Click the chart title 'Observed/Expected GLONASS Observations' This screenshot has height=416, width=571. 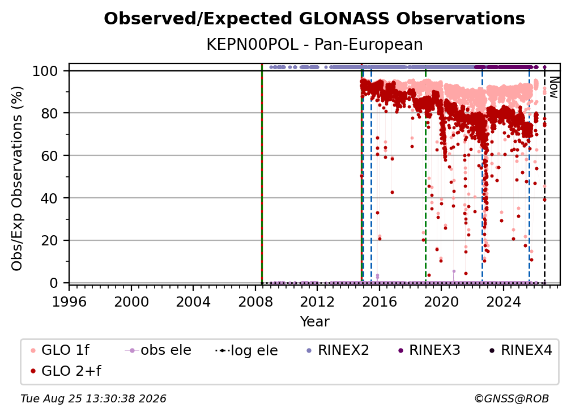point(314,19)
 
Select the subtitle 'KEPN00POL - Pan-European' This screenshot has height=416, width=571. point(314,45)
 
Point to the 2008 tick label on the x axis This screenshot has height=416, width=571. point(255,302)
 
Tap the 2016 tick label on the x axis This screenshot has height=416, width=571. point(380,302)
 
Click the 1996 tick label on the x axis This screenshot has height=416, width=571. point(69,302)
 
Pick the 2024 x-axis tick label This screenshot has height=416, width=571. point(503,302)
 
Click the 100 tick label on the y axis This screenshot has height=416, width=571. point(45,71)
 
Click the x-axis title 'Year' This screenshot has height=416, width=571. point(314,322)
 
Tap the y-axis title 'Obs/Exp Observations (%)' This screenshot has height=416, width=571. point(17,179)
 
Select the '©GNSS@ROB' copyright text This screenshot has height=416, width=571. point(512,398)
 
